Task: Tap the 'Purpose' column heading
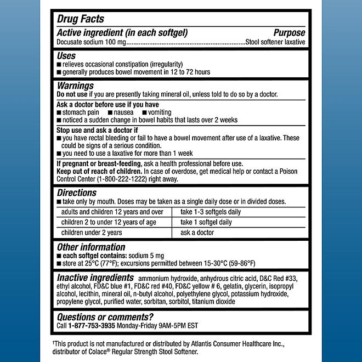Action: pos(289,32)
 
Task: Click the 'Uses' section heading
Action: pos(66,56)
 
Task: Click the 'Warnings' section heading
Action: pos(75,86)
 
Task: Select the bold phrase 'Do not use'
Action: pos(72,94)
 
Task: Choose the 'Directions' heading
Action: pos(77,193)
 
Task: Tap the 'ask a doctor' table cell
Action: pos(197,233)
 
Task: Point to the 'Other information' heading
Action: pos(91,247)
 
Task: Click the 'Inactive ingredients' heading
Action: pos(95,278)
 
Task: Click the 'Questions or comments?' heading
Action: pos(105,316)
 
